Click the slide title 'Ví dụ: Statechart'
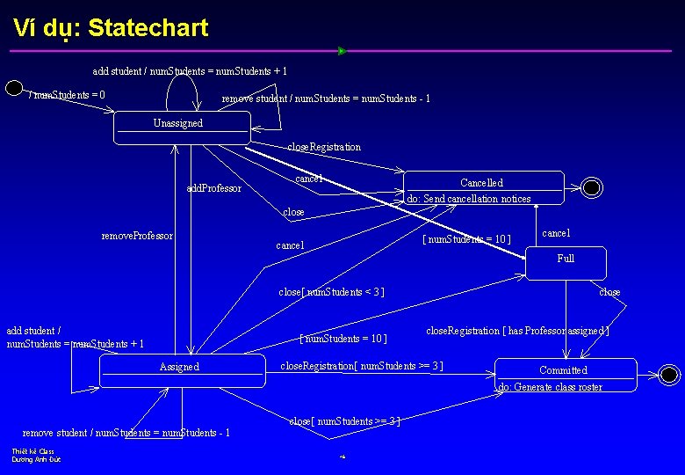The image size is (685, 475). pos(111,28)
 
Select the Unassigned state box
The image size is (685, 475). pos(182,128)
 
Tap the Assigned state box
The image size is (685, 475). pos(182,370)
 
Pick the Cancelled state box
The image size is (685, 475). pos(483,187)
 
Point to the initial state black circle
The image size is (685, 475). pos(14,87)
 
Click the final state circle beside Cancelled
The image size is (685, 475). pos(592,187)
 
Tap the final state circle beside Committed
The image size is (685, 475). pos(670,374)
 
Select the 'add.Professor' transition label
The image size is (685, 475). pos(214,188)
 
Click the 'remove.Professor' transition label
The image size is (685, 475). pos(137,236)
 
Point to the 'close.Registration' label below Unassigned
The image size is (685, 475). pos(324,147)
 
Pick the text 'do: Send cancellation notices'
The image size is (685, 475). pos(470,199)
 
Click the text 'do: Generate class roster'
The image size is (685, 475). pos(551,387)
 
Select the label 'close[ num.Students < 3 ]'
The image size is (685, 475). pos(331,292)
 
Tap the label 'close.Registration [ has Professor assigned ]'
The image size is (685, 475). pos(517,331)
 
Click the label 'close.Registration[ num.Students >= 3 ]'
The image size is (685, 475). pos(361,365)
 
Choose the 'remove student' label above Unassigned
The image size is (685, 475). pos(326,99)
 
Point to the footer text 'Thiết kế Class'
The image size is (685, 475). pos(33,451)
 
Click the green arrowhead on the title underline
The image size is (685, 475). pos(342,51)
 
